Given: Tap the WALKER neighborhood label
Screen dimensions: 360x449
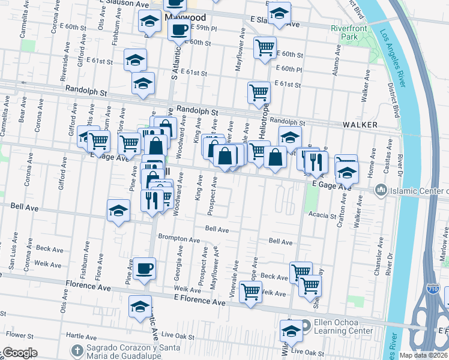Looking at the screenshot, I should (360, 125).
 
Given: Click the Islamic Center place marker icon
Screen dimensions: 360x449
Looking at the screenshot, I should (380, 191).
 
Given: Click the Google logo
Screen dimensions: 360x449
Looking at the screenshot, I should (19, 353).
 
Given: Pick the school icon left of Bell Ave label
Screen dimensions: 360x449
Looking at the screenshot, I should (118, 211).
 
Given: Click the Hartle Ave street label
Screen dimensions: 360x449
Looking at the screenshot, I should (82, 337).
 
